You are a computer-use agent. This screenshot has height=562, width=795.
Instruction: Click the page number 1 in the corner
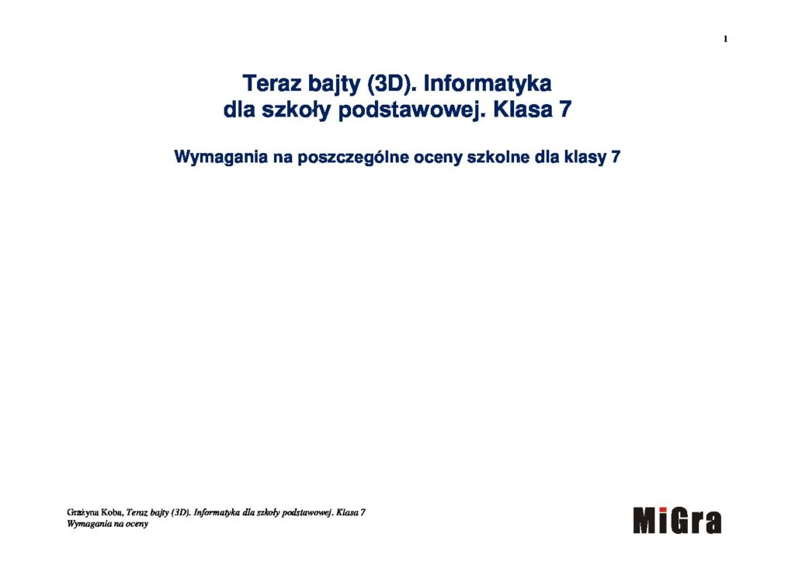coord(726,39)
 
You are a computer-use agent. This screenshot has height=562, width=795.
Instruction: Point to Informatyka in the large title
coord(488,84)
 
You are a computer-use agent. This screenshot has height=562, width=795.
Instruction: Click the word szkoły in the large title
coord(296,110)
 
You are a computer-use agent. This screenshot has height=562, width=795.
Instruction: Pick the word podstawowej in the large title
coord(411,110)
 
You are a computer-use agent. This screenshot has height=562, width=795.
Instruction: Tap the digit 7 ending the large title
coord(565,109)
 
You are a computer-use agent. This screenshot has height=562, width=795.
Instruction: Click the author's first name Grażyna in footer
coord(83,513)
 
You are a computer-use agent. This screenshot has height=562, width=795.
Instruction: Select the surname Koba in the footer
coord(113,512)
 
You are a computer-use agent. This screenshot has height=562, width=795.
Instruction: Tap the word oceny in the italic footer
coord(136,525)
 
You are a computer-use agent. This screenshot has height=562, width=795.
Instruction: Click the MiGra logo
coord(677,520)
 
